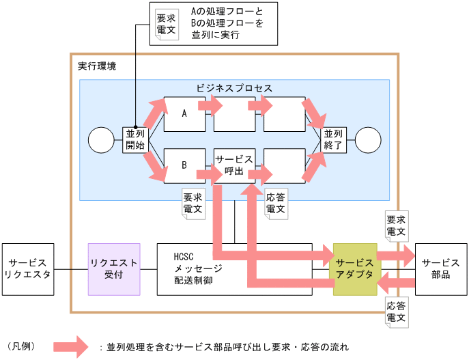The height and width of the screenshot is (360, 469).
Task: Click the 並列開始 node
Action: click(x=134, y=139)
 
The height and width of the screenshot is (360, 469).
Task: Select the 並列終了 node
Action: click(x=335, y=139)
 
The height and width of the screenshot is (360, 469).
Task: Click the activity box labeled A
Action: click(x=184, y=114)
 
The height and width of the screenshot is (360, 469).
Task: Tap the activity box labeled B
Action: click(x=184, y=165)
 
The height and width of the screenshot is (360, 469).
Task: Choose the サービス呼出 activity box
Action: click(x=234, y=165)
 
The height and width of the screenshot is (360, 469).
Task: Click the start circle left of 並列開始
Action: click(x=102, y=140)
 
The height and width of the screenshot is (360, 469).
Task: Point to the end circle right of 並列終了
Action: click(x=367, y=140)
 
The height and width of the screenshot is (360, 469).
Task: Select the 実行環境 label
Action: click(x=97, y=66)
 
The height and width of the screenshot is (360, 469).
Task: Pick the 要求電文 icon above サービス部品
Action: click(x=396, y=226)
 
